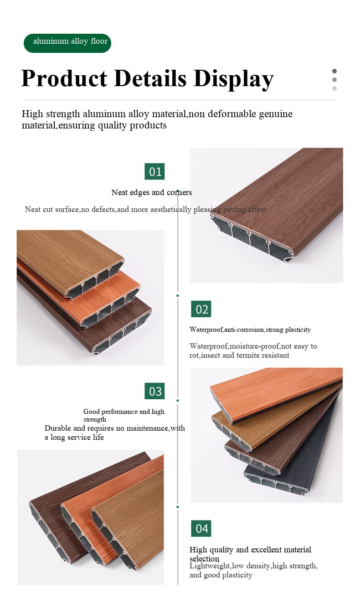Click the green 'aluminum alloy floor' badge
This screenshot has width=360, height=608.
(67, 42)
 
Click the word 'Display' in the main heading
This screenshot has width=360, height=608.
(233, 78)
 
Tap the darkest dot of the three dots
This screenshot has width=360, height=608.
(334, 71)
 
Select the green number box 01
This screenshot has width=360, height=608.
(155, 172)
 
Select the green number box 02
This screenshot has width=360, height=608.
(201, 309)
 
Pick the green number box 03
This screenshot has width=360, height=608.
(155, 391)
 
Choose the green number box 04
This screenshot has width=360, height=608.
(201, 528)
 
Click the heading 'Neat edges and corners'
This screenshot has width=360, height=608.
(151, 192)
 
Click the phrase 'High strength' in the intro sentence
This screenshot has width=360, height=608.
(51, 114)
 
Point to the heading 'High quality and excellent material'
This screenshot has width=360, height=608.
(250, 550)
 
